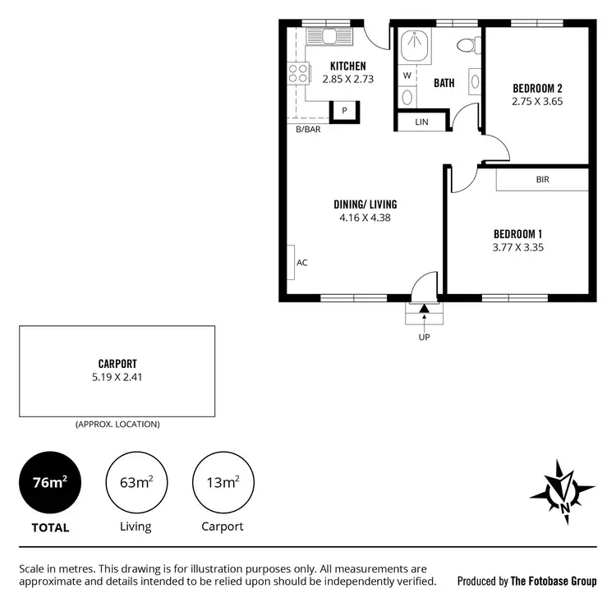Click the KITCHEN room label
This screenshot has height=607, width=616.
coord(347,66)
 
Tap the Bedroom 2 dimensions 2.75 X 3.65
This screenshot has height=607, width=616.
coord(536,102)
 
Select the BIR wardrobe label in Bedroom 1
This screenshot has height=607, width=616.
coord(542,179)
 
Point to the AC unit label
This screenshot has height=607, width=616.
coord(301,263)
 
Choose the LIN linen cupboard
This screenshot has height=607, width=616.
coord(422,122)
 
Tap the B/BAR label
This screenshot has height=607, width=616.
coord(309,130)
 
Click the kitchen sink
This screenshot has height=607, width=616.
coord(329,37)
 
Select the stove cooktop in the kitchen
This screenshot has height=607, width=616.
coord(297,72)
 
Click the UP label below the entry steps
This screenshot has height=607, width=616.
coord(424,336)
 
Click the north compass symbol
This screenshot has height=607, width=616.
coord(563,493)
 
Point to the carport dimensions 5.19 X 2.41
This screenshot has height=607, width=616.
coord(117,378)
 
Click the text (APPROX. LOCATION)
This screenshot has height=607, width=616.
coord(117,425)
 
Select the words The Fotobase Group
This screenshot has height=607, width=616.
coord(554,581)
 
